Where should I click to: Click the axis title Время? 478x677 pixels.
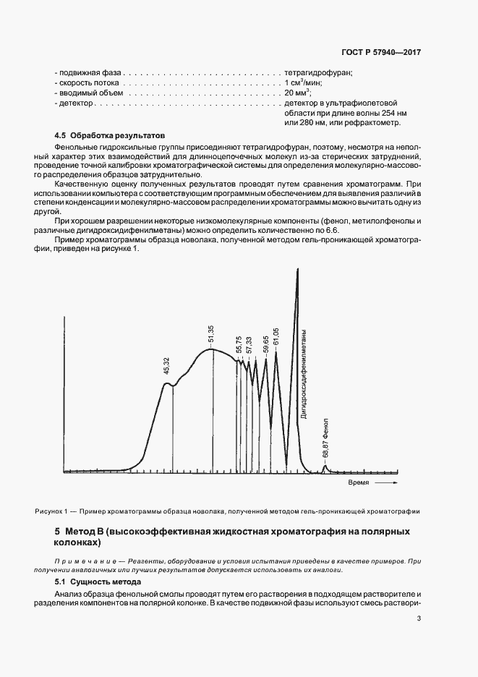[359, 482]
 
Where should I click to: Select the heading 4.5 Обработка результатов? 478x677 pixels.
[111, 135]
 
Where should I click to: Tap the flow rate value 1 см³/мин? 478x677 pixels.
[302, 83]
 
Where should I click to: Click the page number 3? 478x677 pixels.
[419, 618]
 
